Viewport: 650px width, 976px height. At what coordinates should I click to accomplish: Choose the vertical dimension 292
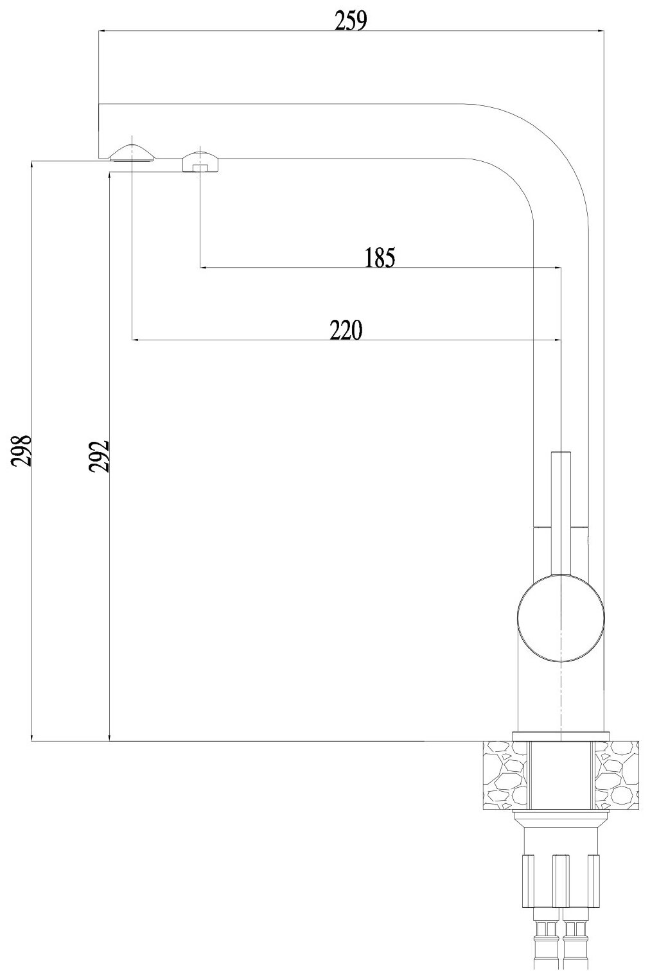[100, 456]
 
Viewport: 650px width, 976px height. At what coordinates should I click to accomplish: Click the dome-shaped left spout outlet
[132, 153]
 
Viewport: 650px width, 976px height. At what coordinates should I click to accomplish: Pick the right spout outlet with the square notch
[201, 162]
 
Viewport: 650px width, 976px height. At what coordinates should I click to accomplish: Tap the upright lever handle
[561, 507]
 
